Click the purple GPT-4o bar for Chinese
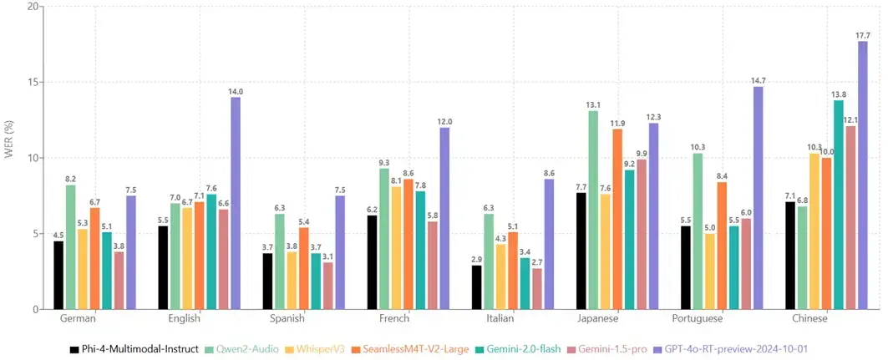[x=862, y=175]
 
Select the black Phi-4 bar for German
[x=58, y=276]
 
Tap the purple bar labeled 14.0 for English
[x=236, y=204]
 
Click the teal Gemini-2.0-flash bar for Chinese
[x=839, y=205]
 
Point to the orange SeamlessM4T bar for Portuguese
[x=723, y=246]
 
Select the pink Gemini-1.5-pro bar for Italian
[x=536, y=289]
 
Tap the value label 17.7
[x=862, y=35]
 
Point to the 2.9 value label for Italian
[x=476, y=259]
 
